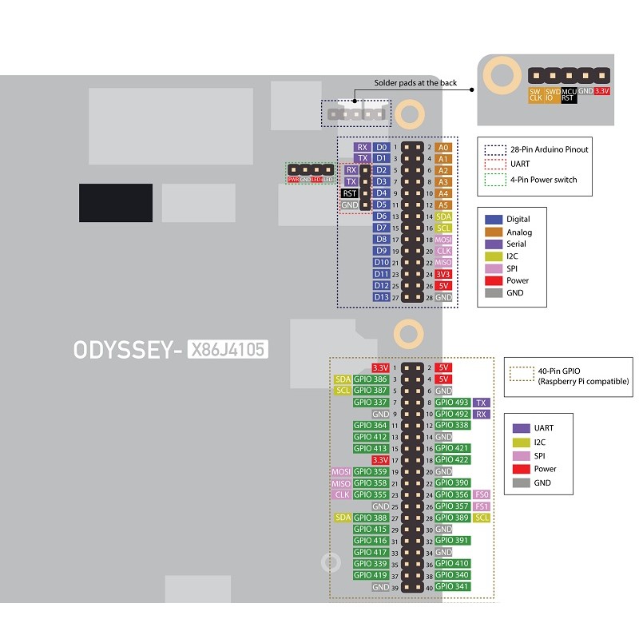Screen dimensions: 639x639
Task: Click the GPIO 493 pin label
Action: (x=452, y=403)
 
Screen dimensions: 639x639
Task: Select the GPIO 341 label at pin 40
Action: (x=452, y=587)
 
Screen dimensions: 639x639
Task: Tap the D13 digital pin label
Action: (x=381, y=297)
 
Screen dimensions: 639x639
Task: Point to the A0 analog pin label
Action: (x=444, y=147)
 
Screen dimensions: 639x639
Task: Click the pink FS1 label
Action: (x=482, y=506)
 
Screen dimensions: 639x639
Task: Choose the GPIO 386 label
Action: (x=371, y=379)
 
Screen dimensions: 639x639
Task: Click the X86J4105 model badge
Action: (x=227, y=349)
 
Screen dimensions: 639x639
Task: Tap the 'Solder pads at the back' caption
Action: (x=415, y=82)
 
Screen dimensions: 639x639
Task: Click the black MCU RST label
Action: (x=569, y=95)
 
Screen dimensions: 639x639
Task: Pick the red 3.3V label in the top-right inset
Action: (x=603, y=91)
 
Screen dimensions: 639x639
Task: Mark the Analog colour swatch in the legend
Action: (x=494, y=232)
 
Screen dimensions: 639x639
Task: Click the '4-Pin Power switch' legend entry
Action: (x=543, y=180)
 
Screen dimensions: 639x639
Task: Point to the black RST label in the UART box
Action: (x=350, y=193)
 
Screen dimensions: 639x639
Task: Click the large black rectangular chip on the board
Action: (x=115, y=203)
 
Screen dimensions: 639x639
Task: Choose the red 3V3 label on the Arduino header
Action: (x=444, y=274)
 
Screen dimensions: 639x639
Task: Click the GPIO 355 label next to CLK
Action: (x=371, y=495)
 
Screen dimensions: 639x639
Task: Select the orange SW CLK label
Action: (x=535, y=95)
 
